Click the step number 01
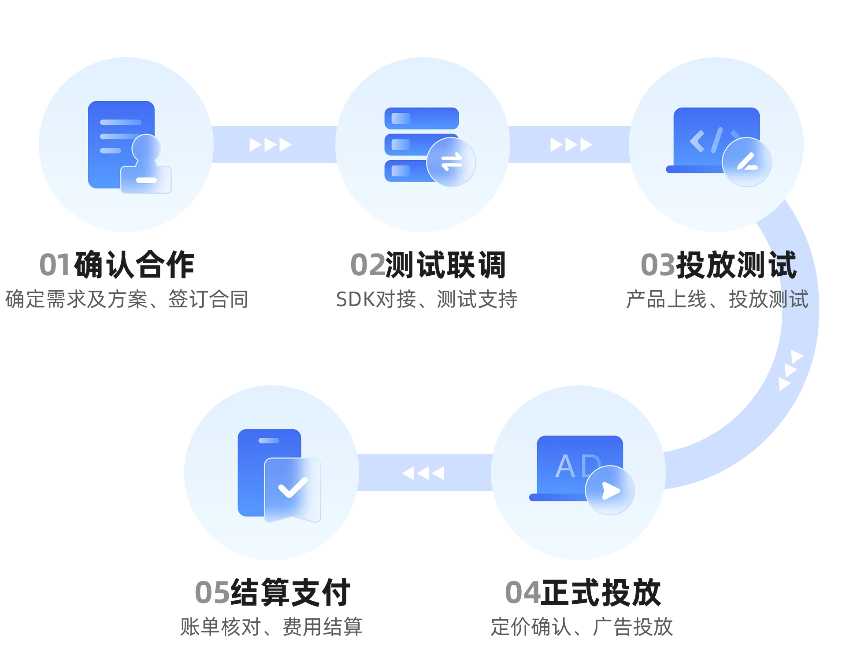pyautogui.click(x=55, y=265)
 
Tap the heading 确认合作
pyautogui.click(x=134, y=265)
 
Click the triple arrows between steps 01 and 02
pyautogui.click(x=270, y=144)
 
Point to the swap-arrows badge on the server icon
pyautogui.click(x=451, y=162)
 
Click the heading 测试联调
pyautogui.click(x=445, y=265)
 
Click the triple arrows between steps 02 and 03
pyautogui.click(x=571, y=144)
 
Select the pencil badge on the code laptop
pyautogui.click(x=747, y=162)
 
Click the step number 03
pyautogui.click(x=658, y=265)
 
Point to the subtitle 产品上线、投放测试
pyautogui.click(x=717, y=299)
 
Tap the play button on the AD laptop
pyautogui.click(x=610, y=490)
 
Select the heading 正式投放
pyautogui.click(x=601, y=593)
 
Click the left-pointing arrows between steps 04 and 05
pyautogui.click(x=423, y=473)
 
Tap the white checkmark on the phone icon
pyautogui.click(x=293, y=488)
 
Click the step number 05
pyautogui.click(x=212, y=593)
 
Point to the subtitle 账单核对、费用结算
pyautogui.click(x=271, y=627)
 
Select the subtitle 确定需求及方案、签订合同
pyautogui.click(x=127, y=299)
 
